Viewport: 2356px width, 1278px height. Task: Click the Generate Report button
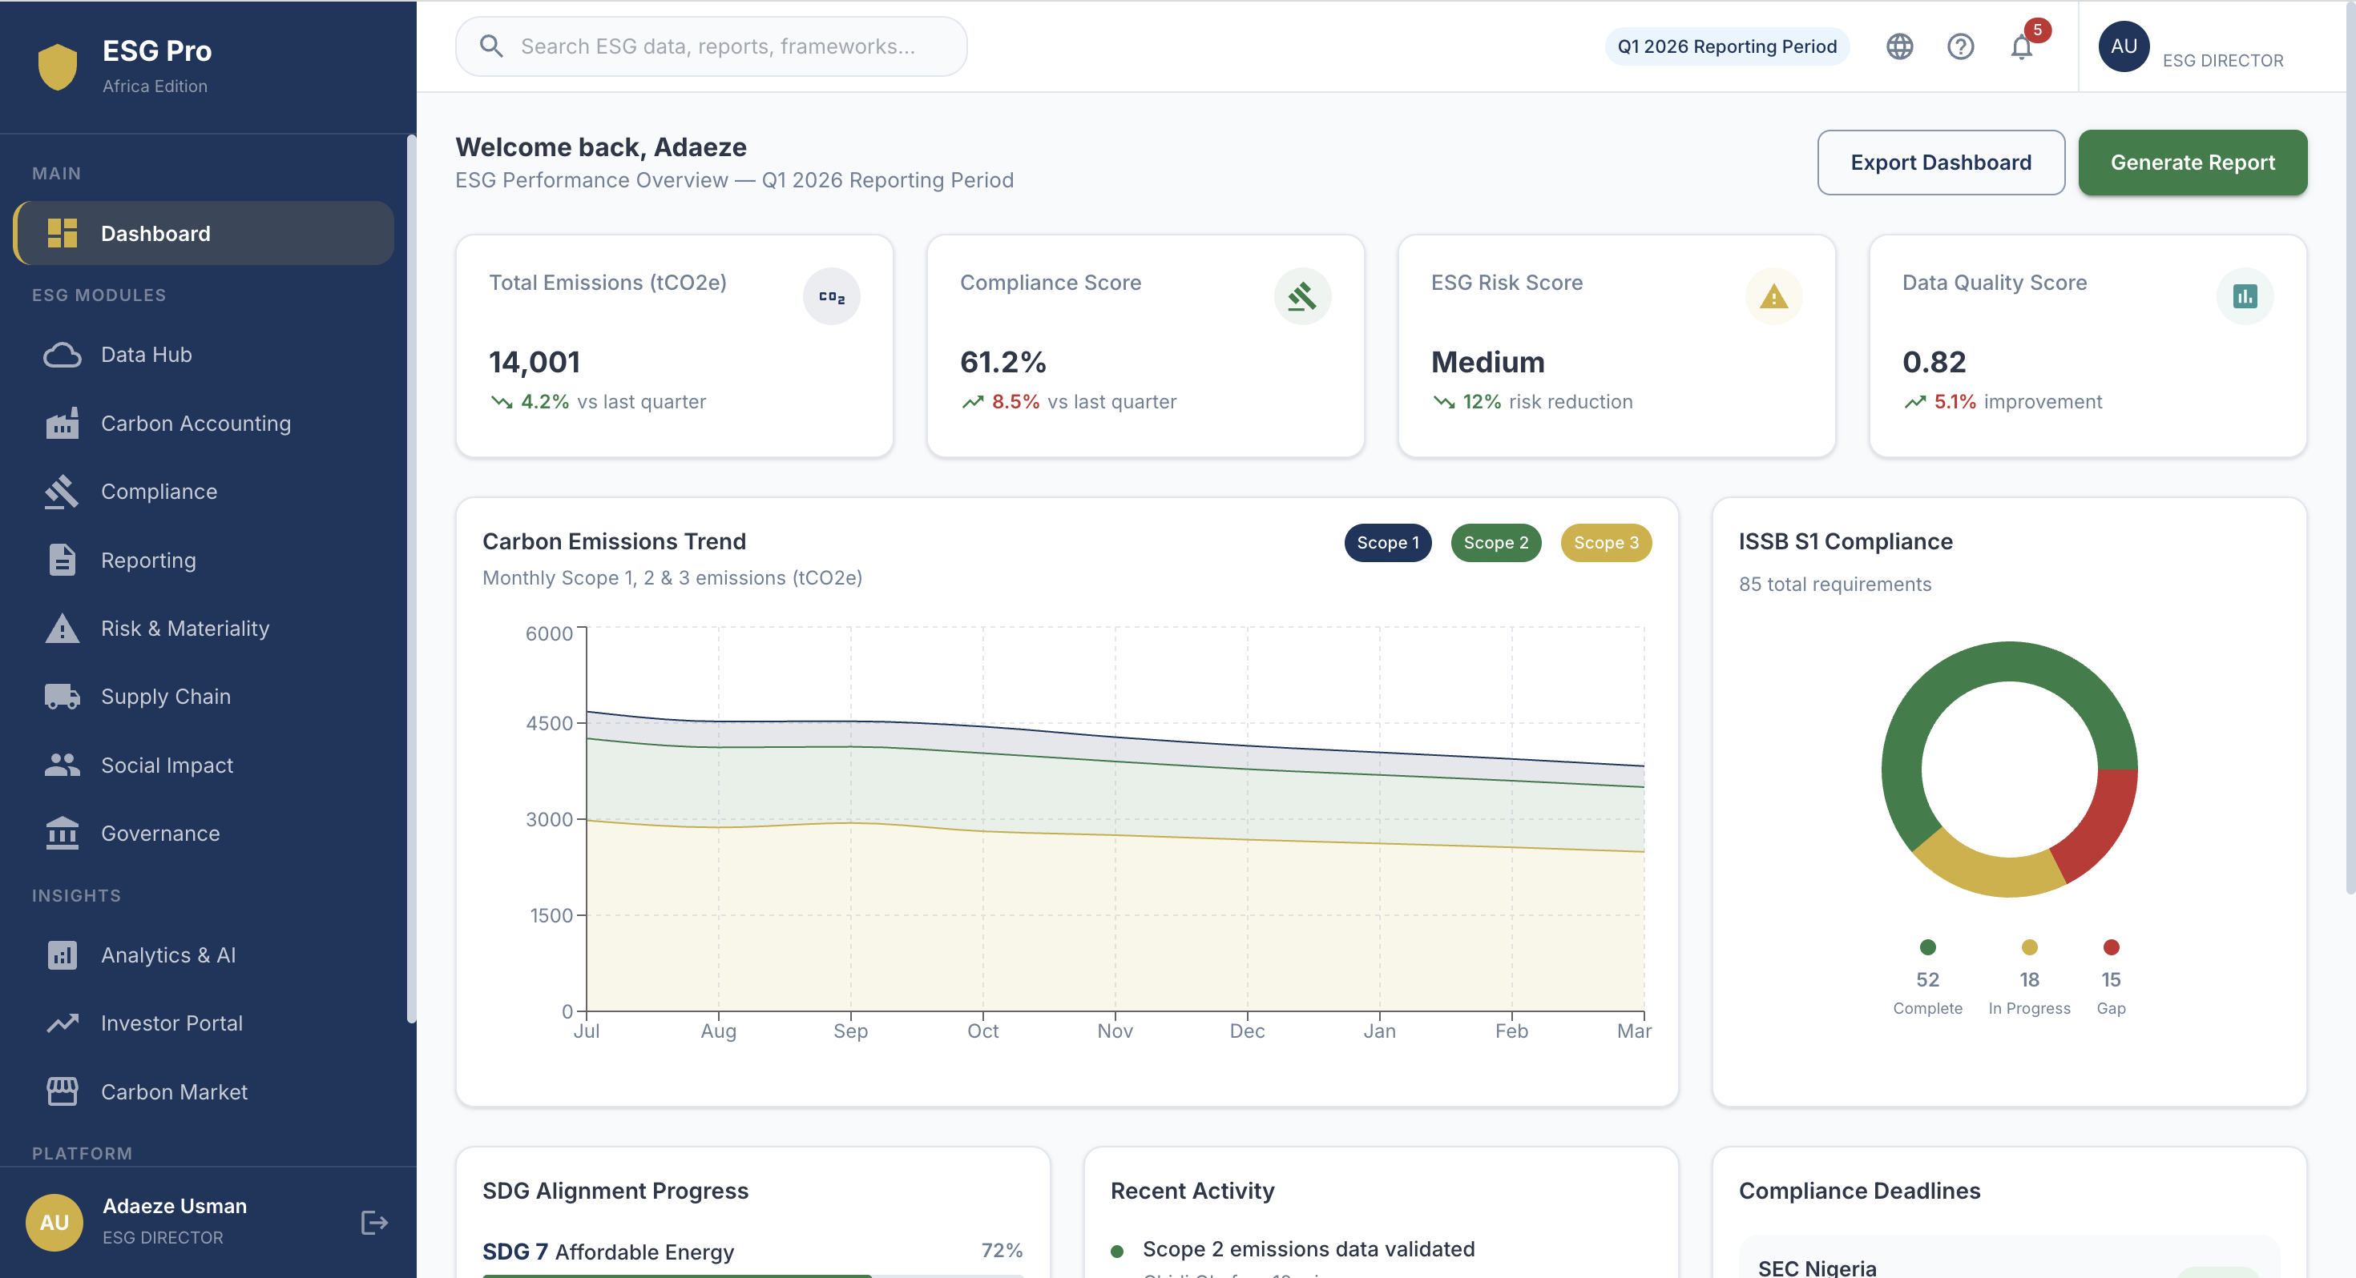2192,163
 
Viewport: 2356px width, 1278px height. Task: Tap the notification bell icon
2020,46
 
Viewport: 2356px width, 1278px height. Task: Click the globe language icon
1898,46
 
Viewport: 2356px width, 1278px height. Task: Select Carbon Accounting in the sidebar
196,424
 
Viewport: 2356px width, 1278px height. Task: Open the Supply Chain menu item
166,697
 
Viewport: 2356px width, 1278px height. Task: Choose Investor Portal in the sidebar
171,1023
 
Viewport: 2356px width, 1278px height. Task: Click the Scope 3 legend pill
1605,543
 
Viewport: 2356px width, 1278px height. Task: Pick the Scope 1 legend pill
1386,543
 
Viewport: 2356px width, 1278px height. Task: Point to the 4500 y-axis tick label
549,723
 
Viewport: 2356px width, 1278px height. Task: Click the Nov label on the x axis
1114,1031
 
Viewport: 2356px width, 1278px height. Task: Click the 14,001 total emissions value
535,362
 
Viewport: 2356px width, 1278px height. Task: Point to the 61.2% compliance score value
1003,362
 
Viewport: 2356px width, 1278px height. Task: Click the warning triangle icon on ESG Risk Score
1773,297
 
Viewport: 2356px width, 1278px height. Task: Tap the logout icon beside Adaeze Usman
374,1222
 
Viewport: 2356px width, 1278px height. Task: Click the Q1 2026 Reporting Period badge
1726,46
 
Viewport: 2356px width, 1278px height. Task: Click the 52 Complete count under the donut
1927,979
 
